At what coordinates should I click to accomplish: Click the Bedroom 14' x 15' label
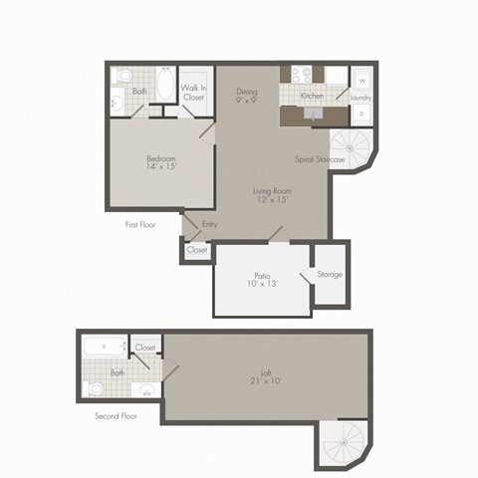160,162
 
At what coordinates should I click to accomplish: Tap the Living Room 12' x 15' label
271,195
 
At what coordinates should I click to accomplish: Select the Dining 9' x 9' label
247,96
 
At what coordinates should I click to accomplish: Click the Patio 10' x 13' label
263,279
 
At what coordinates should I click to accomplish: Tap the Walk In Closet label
195,93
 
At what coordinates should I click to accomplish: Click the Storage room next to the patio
330,274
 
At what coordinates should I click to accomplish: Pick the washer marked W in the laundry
361,80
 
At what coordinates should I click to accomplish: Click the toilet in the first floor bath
123,76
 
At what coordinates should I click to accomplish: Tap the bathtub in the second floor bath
104,348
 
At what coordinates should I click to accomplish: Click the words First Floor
140,225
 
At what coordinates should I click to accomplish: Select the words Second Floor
116,415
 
